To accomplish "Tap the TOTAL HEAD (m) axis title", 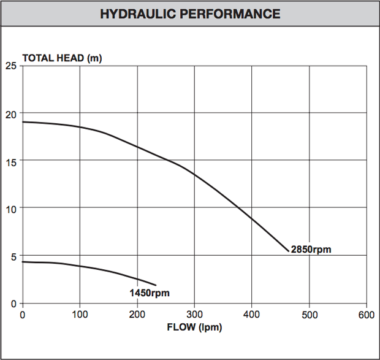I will pyautogui.click(x=62, y=58).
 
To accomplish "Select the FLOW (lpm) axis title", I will pyautogui.click(x=194, y=327).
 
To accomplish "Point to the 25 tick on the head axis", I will pyautogui.click(x=10, y=66).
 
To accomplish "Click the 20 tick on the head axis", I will pyautogui.click(x=10, y=114).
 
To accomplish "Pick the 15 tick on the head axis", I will pyautogui.click(x=10, y=161).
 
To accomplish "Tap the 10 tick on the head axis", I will pyautogui.click(x=10, y=209).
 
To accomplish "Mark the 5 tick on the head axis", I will pyautogui.click(x=13, y=256).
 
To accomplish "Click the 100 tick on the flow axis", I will pyautogui.click(x=80, y=315).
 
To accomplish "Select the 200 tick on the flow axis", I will pyautogui.click(x=137, y=315).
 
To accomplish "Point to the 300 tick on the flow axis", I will pyautogui.click(x=194, y=315).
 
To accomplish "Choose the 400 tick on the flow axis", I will pyautogui.click(x=252, y=315).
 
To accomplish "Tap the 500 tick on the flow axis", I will pyautogui.click(x=309, y=315).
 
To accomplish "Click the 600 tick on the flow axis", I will pyautogui.click(x=366, y=315).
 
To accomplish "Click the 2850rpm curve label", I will pyautogui.click(x=311, y=249).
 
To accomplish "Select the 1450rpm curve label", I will pyautogui.click(x=149, y=292).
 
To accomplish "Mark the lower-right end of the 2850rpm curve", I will pyautogui.click(x=287, y=251).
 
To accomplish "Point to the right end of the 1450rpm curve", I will pyautogui.click(x=156, y=285).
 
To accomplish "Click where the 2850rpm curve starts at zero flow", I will pyautogui.click(x=23, y=122).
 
